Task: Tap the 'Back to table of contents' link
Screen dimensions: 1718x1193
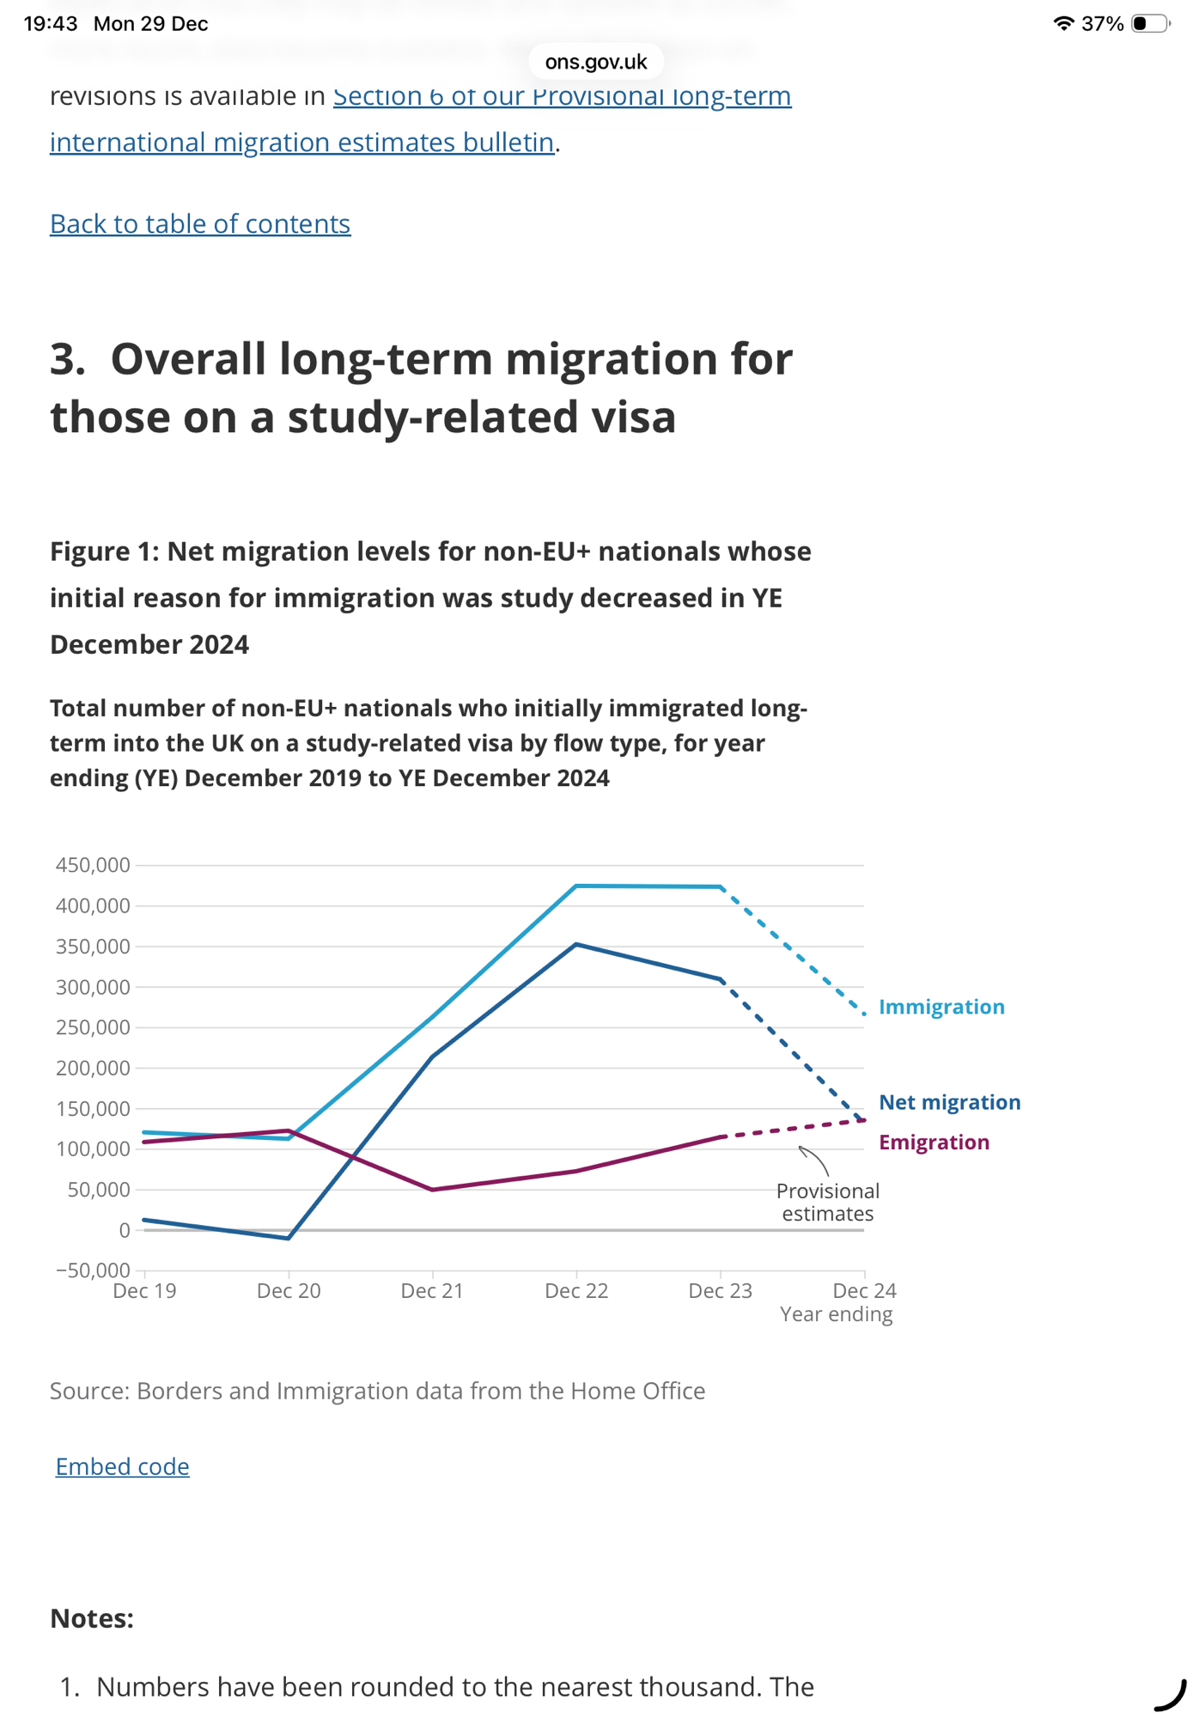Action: [x=200, y=224]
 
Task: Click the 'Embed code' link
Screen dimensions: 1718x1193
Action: [x=123, y=1466]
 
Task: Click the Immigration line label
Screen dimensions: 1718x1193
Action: [x=941, y=1007]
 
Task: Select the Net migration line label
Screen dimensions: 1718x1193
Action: [x=949, y=1102]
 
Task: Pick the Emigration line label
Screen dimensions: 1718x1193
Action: [x=934, y=1142]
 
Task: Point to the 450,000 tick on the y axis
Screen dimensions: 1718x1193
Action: [x=93, y=865]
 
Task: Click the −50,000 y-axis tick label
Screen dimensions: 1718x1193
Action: [x=93, y=1270]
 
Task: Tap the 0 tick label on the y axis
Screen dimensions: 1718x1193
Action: [x=125, y=1230]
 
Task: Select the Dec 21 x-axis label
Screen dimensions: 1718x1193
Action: [x=432, y=1291]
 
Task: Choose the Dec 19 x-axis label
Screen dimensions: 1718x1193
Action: [x=144, y=1291]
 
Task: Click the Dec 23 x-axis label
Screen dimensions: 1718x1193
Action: [x=720, y=1291]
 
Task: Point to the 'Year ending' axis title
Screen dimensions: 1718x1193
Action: [x=836, y=1314]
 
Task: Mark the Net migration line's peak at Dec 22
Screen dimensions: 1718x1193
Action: [x=576, y=945]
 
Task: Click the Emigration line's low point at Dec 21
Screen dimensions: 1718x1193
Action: [x=432, y=1190]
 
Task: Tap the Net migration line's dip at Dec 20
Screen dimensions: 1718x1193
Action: [x=289, y=1238]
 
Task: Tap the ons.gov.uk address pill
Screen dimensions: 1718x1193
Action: [x=596, y=62]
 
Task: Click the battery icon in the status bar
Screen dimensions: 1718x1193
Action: [x=1150, y=23]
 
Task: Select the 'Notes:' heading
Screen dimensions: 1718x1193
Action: [x=92, y=1618]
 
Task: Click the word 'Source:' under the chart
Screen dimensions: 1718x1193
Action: [x=89, y=1391]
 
